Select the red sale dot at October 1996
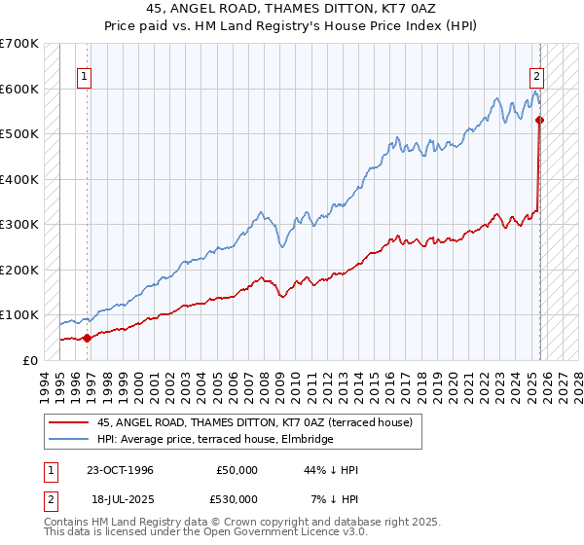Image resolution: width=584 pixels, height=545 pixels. [88, 338]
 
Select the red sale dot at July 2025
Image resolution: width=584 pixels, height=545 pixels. [540, 121]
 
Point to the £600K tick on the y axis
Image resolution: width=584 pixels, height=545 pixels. [19, 89]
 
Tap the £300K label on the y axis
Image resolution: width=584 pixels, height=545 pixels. [19, 225]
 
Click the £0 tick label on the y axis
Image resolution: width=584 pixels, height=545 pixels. [31, 360]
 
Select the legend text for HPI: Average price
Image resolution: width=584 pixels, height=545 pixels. [215, 439]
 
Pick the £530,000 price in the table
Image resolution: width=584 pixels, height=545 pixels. [237, 499]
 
